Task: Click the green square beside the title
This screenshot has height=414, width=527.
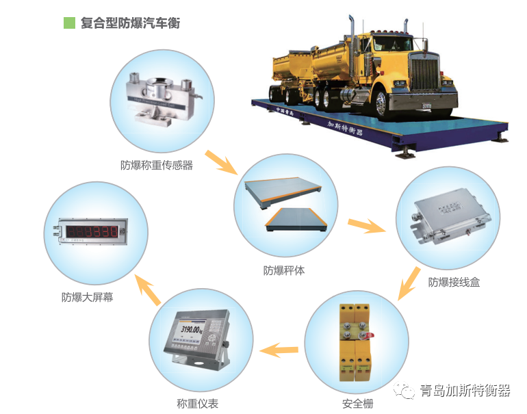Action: tap(68, 23)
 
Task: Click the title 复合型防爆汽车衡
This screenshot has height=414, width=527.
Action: tap(125, 23)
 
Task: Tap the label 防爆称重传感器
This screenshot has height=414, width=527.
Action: tap(157, 165)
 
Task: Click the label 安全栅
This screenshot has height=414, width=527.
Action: tap(357, 404)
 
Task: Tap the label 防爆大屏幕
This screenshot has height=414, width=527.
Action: tap(87, 297)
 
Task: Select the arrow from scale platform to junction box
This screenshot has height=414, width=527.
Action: tap(368, 225)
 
